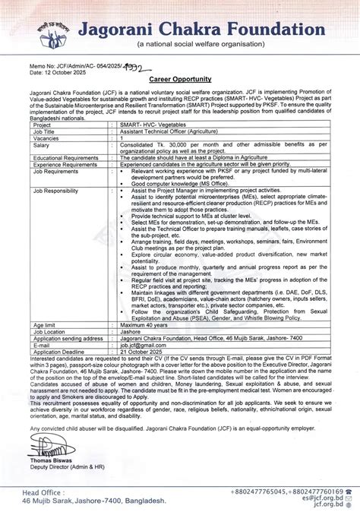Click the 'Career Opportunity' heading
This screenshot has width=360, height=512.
click(180, 78)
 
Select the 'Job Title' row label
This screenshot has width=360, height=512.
click(46, 131)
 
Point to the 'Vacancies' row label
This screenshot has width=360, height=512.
click(48, 137)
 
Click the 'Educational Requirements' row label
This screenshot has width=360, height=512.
click(66, 157)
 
